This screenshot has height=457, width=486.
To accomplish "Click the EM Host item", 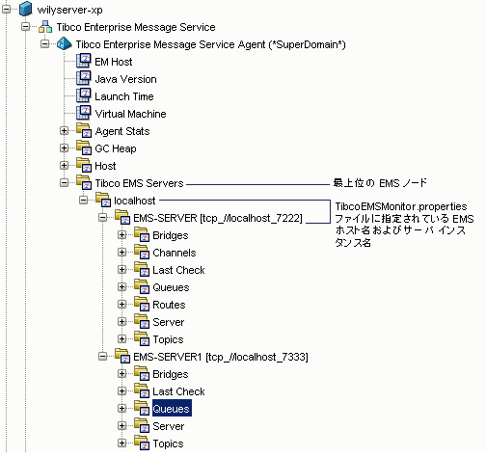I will coord(114,62).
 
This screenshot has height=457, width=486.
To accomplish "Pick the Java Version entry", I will coord(125,79).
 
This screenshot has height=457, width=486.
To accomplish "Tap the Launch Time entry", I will coord(123,96).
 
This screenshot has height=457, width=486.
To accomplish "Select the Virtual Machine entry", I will coord(131,114).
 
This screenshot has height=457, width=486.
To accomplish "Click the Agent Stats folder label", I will coord(121,131).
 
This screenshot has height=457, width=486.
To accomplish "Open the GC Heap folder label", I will coord(116,148).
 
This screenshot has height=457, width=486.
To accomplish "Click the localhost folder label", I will coord(134,201).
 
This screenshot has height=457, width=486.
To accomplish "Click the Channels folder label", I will coord(174,253).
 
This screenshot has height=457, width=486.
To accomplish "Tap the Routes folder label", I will coord(169,305).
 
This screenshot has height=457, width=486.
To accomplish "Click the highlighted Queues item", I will coord(172,409).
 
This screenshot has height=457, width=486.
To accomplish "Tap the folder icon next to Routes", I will coord(139,305).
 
